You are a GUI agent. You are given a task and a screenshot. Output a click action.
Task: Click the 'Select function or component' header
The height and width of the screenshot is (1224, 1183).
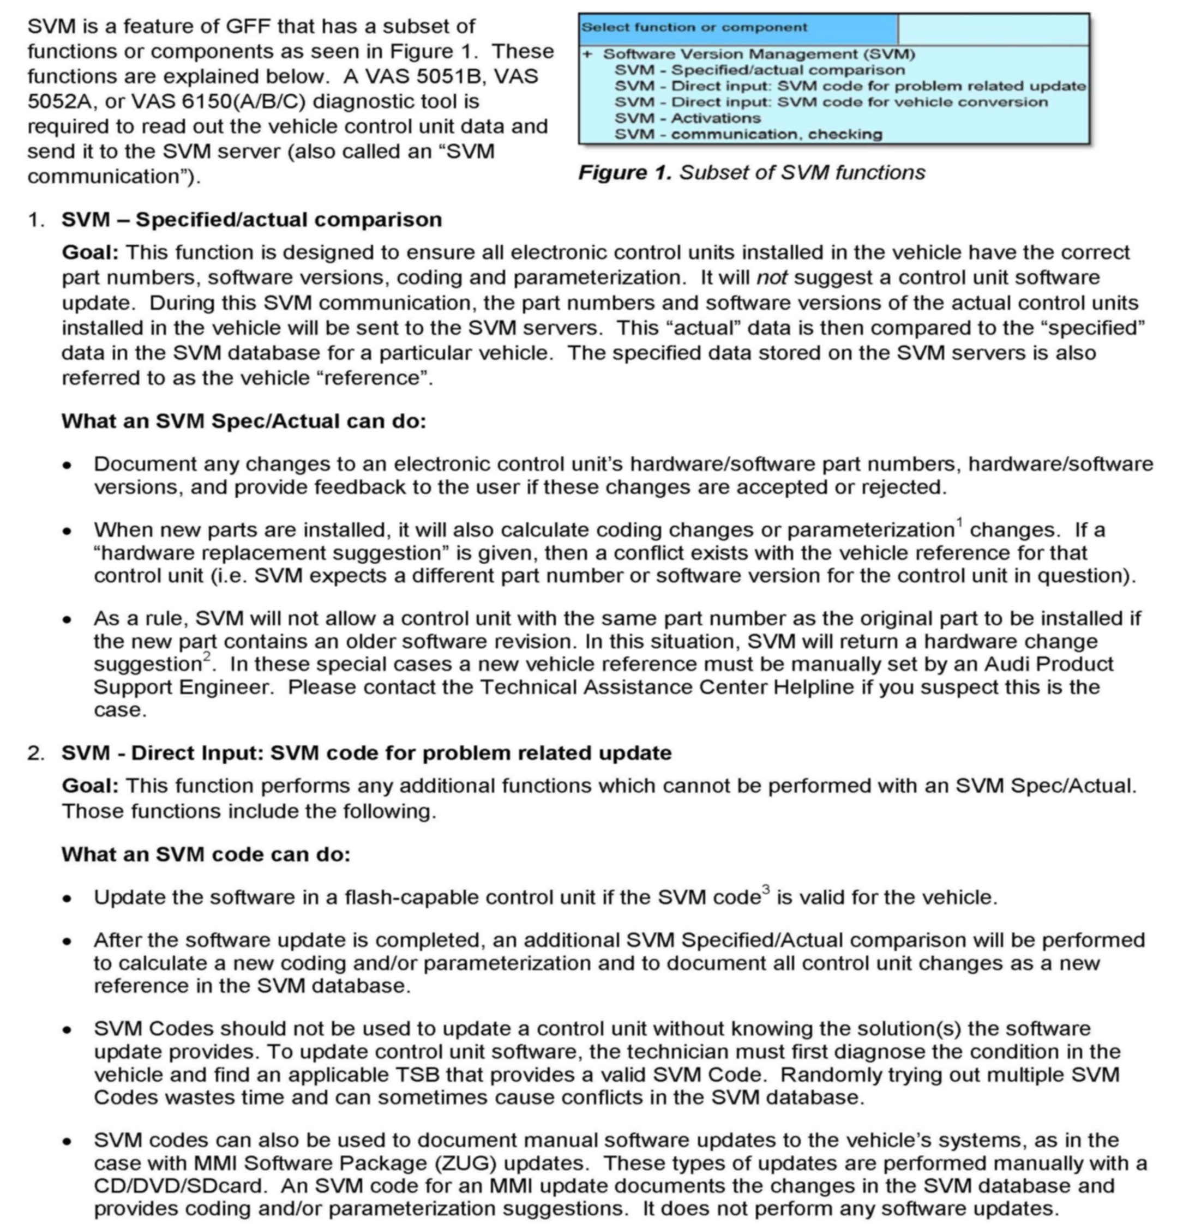(694, 27)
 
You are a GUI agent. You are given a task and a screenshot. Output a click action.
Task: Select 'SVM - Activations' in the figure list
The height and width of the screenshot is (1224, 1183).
(687, 118)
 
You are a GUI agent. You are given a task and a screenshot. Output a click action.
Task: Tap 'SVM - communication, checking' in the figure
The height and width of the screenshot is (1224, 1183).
(748, 134)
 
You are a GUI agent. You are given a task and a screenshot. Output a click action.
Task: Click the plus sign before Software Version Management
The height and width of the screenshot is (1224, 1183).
(587, 55)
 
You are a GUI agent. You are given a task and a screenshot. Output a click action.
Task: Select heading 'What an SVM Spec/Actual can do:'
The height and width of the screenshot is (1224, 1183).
(244, 421)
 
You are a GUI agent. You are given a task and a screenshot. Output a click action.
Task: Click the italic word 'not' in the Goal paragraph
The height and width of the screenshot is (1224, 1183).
(771, 278)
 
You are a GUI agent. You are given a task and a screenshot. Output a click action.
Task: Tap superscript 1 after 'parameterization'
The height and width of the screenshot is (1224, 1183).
(959, 521)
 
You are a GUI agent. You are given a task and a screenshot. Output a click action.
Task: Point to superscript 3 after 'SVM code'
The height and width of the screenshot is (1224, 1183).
(766, 889)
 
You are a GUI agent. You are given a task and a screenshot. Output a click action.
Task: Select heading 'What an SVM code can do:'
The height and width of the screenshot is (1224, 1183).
(206, 854)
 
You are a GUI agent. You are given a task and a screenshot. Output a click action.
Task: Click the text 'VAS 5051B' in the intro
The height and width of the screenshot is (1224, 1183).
(416, 76)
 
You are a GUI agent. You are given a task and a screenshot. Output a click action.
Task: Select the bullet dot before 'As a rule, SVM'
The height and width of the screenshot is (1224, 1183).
(68, 619)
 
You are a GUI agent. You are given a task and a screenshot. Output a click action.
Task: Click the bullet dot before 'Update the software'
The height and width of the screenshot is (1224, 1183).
(68, 898)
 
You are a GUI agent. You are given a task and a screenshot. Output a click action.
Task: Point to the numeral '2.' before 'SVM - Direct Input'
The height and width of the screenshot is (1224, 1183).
(35, 752)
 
